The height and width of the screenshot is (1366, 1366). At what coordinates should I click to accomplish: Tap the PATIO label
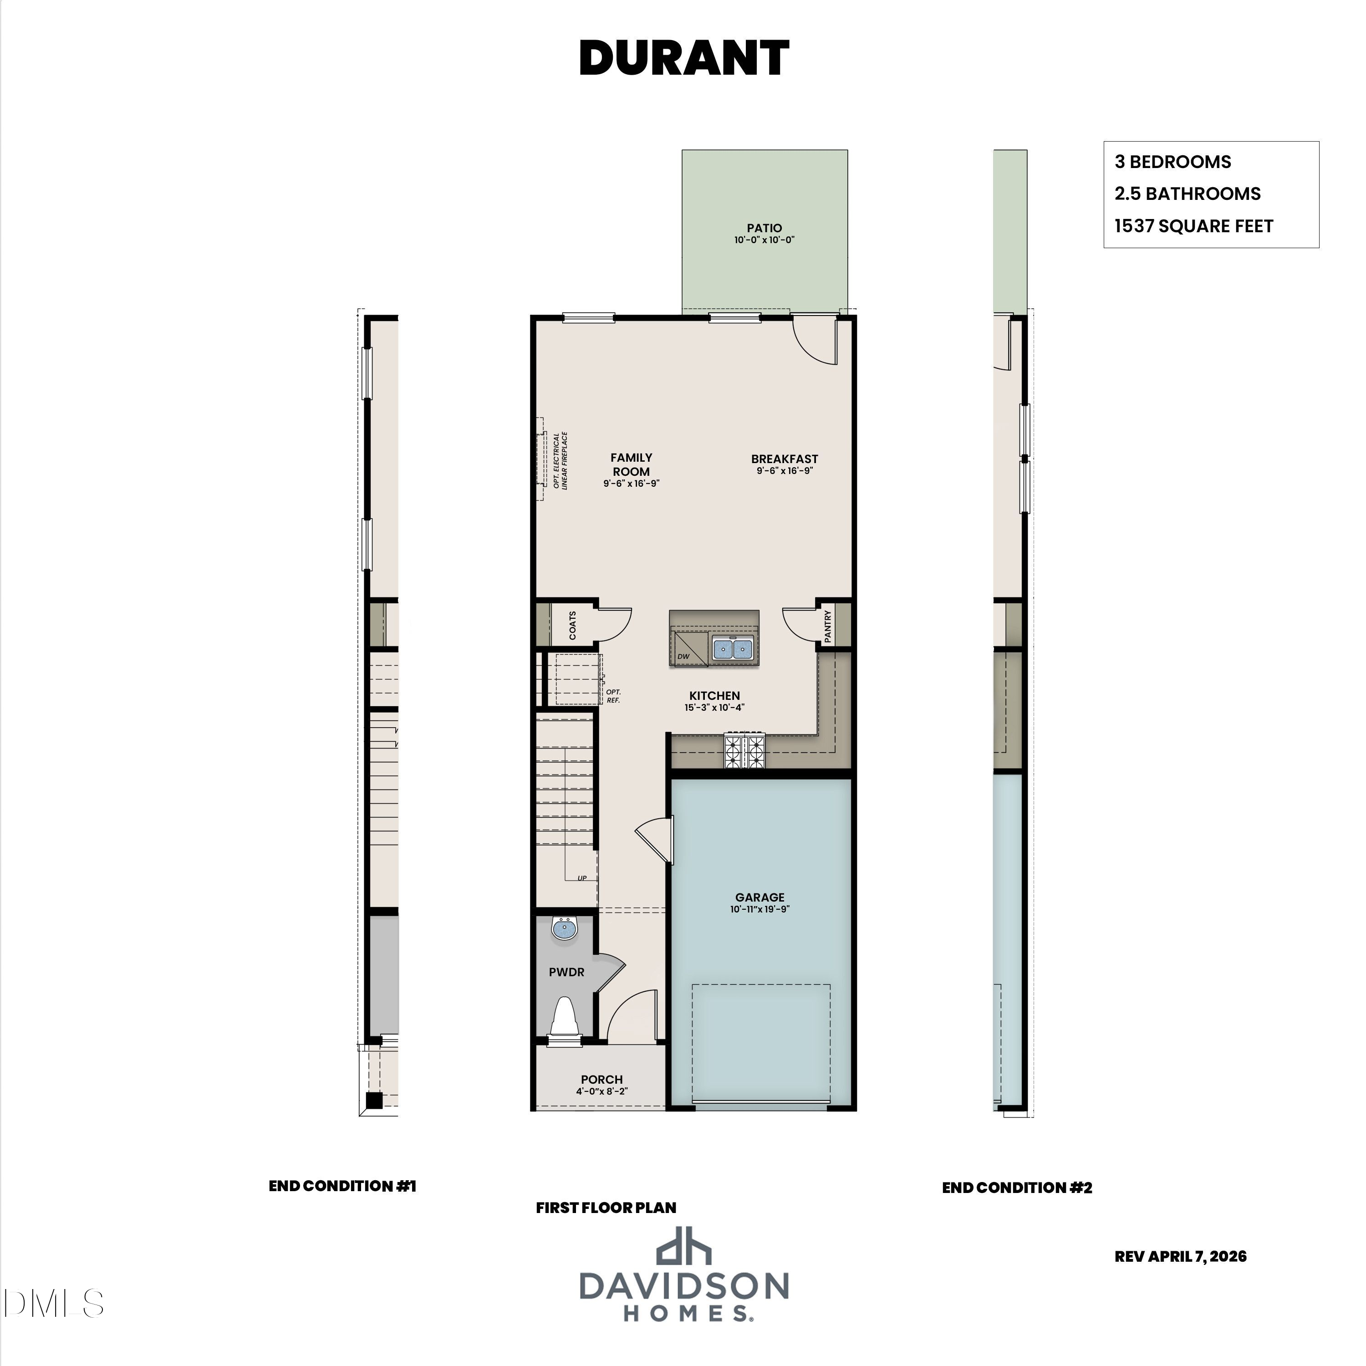[x=765, y=228]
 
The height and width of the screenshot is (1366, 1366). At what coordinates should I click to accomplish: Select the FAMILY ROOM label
[x=632, y=464]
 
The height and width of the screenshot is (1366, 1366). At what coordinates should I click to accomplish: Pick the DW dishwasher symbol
[x=689, y=648]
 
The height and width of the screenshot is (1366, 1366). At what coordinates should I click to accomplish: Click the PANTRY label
[x=827, y=626]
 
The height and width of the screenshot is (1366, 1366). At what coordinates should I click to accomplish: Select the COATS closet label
[x=572, y=626]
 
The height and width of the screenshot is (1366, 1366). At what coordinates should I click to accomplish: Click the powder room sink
[x=564, y=928]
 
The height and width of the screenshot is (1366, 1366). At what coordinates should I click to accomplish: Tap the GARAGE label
[x=759, y=897]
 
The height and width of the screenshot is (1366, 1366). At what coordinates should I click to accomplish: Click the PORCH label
[x=601, y=1079]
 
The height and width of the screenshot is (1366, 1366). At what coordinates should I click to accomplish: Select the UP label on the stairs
[x=582, y=878]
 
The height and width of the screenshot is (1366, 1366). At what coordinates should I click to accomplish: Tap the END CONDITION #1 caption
[x=342, y=1186]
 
